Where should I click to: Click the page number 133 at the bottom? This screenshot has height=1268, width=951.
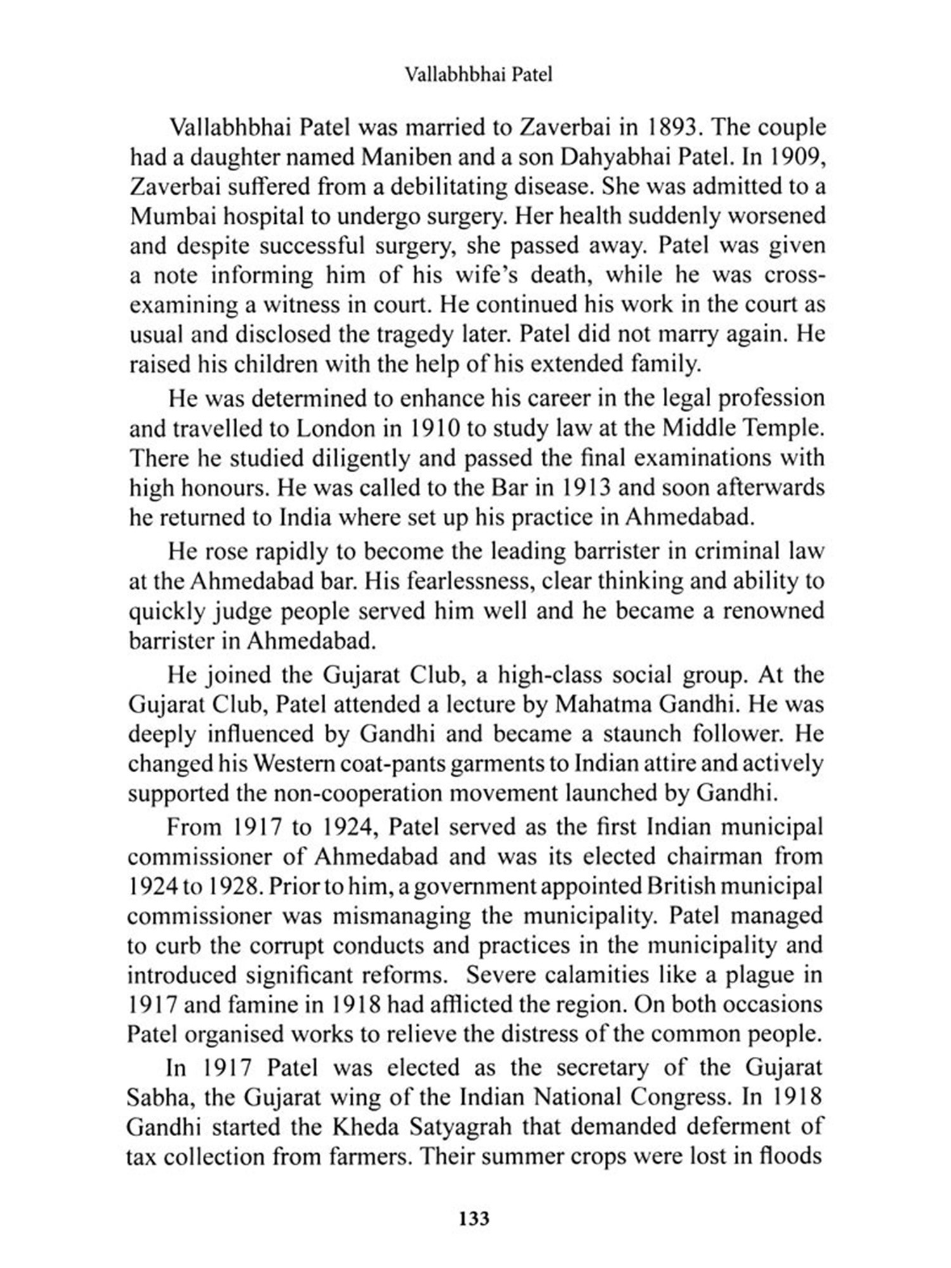click(474, 1219)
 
